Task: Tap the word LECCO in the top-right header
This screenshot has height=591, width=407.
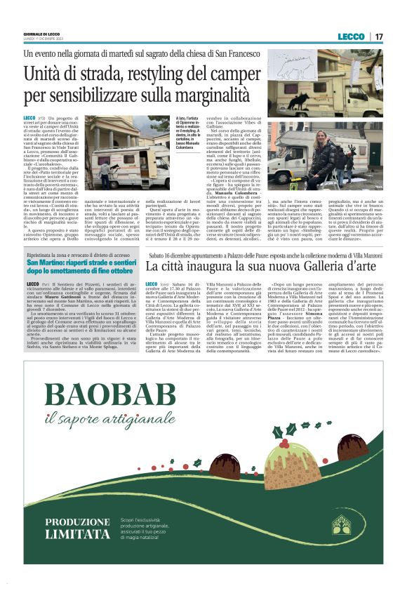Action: [351, 36]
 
